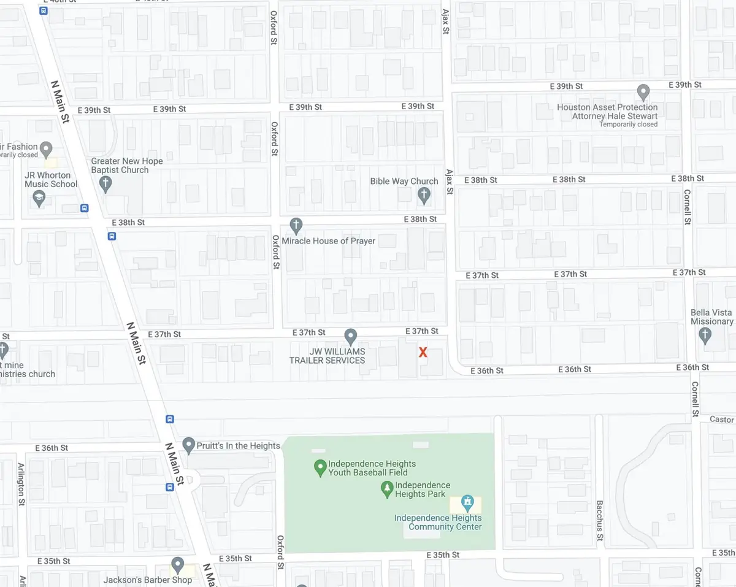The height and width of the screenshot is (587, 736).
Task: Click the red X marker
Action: [x=423, y=352]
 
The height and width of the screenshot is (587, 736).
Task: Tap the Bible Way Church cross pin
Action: [x=423, y=196]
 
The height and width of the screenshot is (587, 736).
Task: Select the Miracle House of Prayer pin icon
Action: [x=296, y=225]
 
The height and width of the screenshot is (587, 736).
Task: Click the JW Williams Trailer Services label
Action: [x=328, y=356]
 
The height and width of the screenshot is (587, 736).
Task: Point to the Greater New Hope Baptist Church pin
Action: [x=105, y=183]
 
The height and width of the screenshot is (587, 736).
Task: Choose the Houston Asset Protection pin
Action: [x=643, y=93]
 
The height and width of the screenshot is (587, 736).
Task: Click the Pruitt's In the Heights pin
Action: [x=188, y=445]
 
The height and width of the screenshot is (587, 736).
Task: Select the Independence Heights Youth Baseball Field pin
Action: [x=319, y=468]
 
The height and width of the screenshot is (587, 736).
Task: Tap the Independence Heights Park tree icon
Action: [x=386, y=489]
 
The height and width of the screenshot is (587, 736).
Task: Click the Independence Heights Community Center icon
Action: [x=467, y=504]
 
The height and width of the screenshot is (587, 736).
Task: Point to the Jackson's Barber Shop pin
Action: [x=178, y=564]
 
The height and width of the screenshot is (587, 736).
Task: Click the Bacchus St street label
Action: [x=600, y=521]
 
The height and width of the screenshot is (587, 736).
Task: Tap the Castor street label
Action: [x=721, y=420]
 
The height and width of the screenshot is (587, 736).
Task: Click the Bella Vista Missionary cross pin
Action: [x=705, y=336]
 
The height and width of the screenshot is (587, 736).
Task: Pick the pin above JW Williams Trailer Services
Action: [x=350, y=336]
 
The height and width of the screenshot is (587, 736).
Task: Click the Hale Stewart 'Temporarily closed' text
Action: [x=629, y=125]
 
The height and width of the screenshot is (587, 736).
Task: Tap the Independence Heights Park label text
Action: [x=423, y=489]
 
